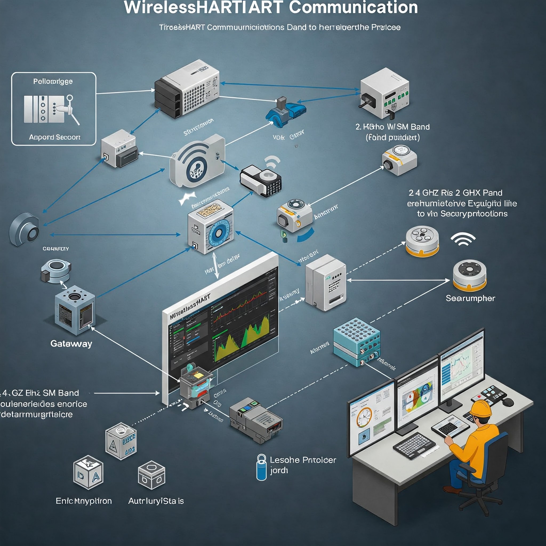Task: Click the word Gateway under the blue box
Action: point(71,344)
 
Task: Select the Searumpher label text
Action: point(470,298)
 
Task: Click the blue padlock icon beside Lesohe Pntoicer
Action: point(262,468)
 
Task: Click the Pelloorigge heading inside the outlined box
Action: point(53,81)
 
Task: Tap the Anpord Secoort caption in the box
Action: point(55,137)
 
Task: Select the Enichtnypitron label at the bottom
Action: point(84,501)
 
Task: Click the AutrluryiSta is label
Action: point(156,501)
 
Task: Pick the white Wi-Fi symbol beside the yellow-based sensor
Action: point(463,239)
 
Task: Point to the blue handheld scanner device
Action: point(286,112)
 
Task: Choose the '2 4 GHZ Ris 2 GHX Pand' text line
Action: point(455,193)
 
